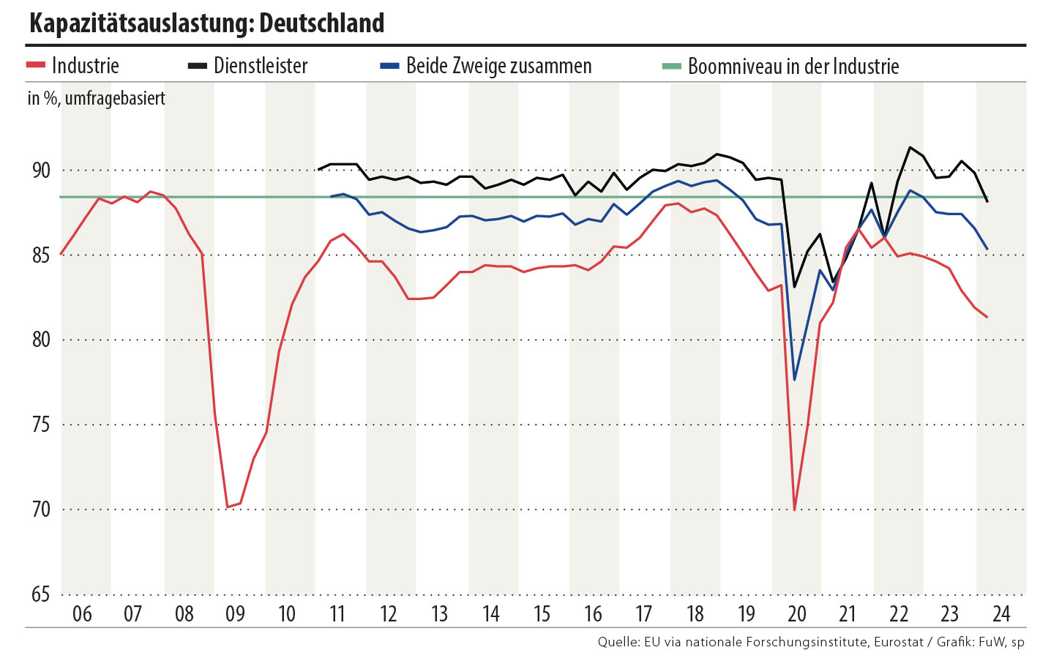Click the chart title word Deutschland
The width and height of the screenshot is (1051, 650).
(321, 23)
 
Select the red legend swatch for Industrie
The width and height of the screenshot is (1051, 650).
(36, 66)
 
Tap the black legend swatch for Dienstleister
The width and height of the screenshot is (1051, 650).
(198, 66)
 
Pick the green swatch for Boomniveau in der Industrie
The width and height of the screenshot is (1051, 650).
(671, 66)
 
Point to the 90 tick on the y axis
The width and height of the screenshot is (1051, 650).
(41, 171)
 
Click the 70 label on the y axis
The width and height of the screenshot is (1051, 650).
(41, 509)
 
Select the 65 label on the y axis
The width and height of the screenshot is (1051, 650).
(41, 594)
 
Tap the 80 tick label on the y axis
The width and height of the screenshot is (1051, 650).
(41, 340)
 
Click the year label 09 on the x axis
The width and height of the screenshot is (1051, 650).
(235, 613)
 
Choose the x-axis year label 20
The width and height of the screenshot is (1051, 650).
(797, 613)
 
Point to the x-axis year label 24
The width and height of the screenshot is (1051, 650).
(1000, 613)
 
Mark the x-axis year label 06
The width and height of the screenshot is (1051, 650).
(82, 613)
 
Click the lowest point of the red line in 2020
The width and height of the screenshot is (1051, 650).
(795, 509)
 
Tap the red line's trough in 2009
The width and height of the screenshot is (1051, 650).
(228, 507)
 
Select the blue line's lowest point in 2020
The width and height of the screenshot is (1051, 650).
(795, 380)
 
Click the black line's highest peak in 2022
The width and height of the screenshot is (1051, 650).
(910, 147)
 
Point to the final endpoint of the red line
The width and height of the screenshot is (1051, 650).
(987, 317)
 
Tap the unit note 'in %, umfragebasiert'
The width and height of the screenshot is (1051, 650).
(97, 98)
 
